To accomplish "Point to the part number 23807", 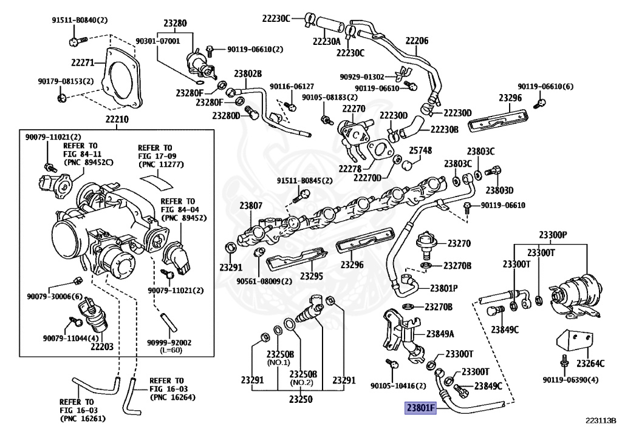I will (250, 206).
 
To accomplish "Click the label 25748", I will (420, 150).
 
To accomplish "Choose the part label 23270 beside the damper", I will (459, 243).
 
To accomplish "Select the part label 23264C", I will (590, 363).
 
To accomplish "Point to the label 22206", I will (417, 41).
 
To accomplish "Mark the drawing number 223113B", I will (601, 419).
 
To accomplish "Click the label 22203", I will (102, 346).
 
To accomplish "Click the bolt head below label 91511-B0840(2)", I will (74, 41).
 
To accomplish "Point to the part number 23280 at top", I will (175, 24).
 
